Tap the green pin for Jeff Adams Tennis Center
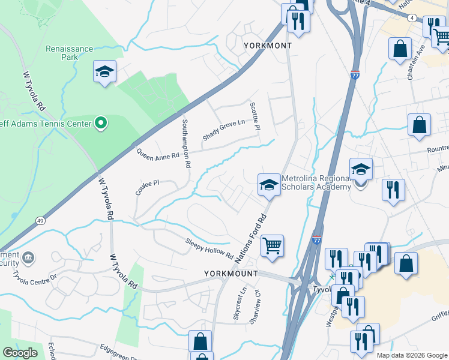[101, 124]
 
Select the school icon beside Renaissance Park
[104, 72]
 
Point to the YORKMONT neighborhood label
[267, 46]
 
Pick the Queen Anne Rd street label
[158, 155]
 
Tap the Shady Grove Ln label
[224, 130]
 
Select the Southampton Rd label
[186, 143]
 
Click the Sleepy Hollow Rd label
[209, 248]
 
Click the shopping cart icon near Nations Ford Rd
[272, 245]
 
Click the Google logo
[20, 353]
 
